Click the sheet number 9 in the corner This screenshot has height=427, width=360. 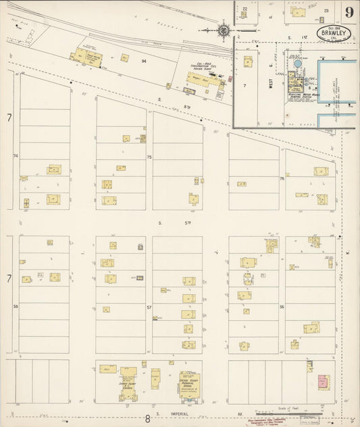pyautogui.click(x=349, y=11)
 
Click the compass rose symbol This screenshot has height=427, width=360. pyautogui.click(x=224, y=30)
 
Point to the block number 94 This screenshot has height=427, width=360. pyautogui.click(x=143, y=61)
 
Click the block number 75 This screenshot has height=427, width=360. pyautogui.click(x=149, y=157)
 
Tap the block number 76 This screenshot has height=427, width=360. pyautogui.click(x=282, y=179)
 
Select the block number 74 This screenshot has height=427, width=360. pyautogui.click(x=16, y=156)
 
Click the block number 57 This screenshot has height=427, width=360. pyautogui.click(x=149, y=306)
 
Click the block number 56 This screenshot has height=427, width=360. pyautogui.click(x=281, y=306)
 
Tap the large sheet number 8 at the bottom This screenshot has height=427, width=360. pyautogui.click(x=147, y=419)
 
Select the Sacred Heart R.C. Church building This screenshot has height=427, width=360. pyautogui.click(x=128, y=382)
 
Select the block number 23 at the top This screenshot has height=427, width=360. pyautogui.click(x=326, y=11)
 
